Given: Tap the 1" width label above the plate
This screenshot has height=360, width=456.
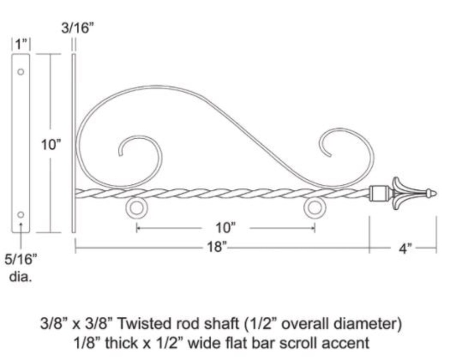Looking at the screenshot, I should click(21, 44).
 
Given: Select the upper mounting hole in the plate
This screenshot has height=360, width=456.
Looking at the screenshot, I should click(21, 72).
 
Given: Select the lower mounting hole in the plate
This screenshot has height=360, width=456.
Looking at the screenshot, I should click(21, 215).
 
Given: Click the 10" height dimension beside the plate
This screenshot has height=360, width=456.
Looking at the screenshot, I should click(51, 145).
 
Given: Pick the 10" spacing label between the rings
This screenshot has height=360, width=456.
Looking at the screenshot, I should click(226, 228).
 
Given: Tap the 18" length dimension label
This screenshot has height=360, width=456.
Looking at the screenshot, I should click(216, 247).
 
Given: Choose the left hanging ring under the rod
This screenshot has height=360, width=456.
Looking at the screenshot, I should click(136, 208).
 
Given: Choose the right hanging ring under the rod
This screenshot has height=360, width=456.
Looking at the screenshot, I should click(314, 208).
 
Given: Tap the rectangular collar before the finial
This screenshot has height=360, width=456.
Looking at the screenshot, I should click(378, 194).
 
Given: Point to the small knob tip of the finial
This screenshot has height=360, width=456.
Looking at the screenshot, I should click(431, 194).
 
